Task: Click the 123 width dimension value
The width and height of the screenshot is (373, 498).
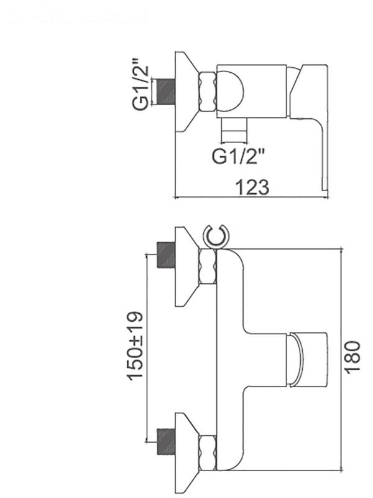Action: pos(252,187)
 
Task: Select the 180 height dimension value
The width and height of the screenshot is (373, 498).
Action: pos(352,357)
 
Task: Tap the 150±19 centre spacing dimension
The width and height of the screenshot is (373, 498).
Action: pos(136,345)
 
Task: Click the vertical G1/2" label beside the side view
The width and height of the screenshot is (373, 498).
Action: pos(141,83)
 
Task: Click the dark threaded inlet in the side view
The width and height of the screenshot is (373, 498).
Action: pos(166,91)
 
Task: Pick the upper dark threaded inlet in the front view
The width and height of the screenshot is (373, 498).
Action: pos(166,255)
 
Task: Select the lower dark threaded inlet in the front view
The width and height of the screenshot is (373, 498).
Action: pos(166,441)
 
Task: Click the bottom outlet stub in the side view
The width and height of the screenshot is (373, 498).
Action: pos(235,130)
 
